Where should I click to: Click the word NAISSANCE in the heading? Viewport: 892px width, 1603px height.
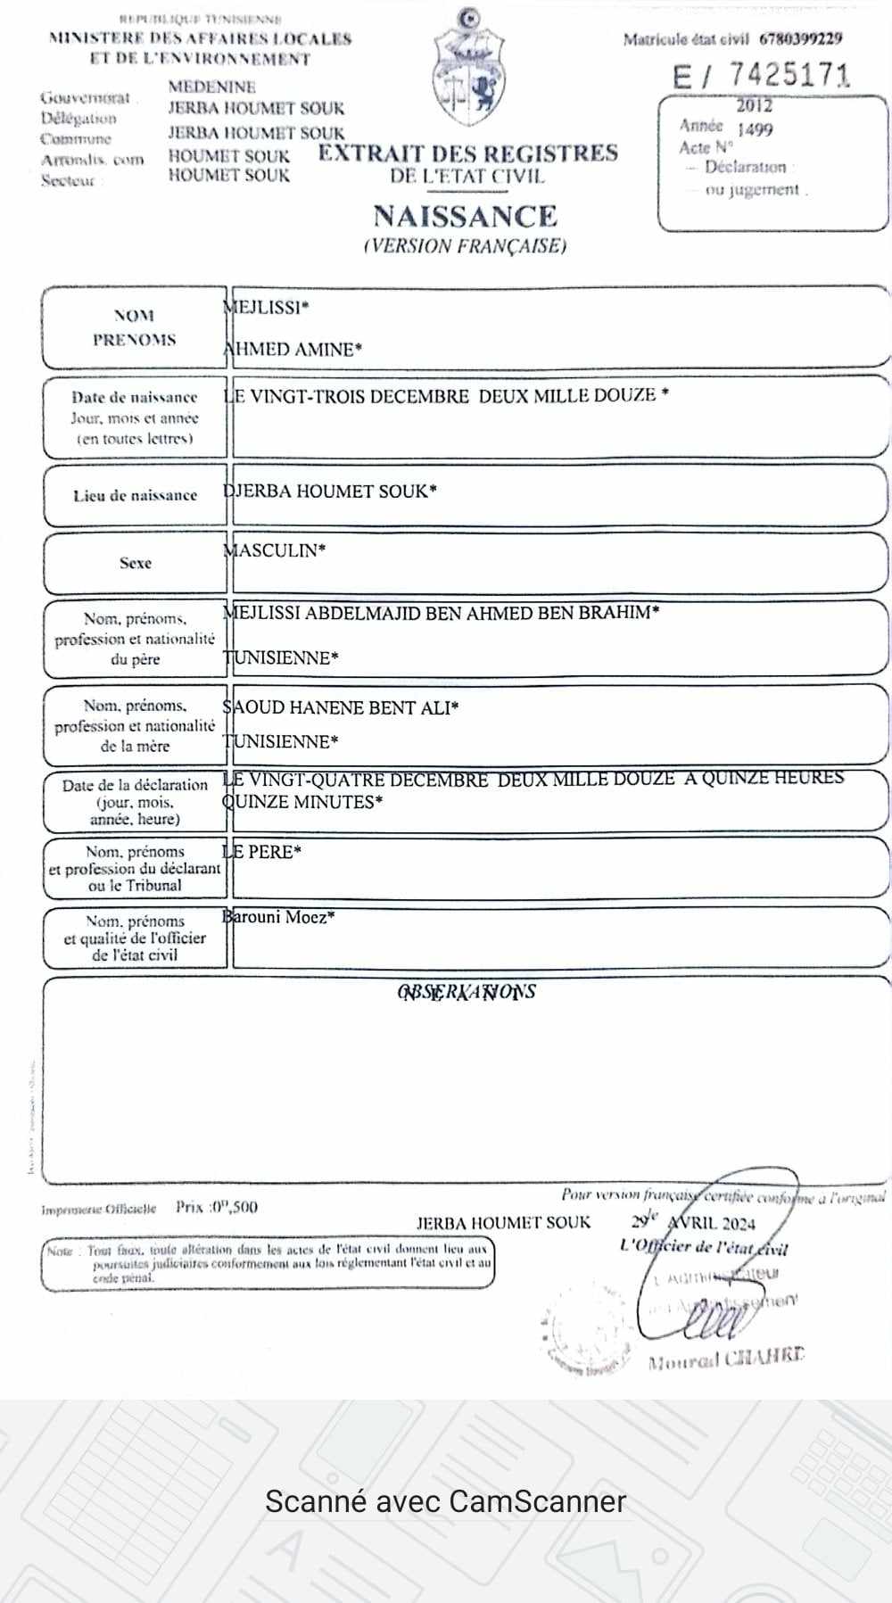pos(465,217)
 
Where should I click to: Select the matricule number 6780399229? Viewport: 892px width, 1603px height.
pos(800,38)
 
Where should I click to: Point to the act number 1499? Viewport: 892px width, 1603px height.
pos(755,129)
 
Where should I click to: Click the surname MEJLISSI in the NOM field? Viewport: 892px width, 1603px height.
pos(266,308)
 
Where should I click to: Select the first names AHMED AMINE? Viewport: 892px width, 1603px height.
pos(293,350)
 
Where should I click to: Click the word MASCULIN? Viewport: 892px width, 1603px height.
pos(274,550)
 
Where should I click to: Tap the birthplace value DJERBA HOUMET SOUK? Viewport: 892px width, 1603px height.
pos(329,491)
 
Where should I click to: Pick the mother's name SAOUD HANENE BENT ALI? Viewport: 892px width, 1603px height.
pos(340,708)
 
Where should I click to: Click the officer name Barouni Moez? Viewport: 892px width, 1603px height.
pos(278,916)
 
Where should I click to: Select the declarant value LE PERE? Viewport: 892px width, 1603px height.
pos(261,852)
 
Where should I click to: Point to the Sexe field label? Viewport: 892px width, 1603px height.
pos(136,563)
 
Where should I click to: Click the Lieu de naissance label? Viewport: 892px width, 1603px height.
pos(135,495)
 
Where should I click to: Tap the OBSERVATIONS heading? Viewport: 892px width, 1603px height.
pos(467,991)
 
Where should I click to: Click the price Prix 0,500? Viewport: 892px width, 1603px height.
pos(217,1207)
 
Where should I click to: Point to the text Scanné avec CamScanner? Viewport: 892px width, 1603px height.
pos(446,1501)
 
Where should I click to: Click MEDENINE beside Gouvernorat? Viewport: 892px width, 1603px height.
pos(211,87)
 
